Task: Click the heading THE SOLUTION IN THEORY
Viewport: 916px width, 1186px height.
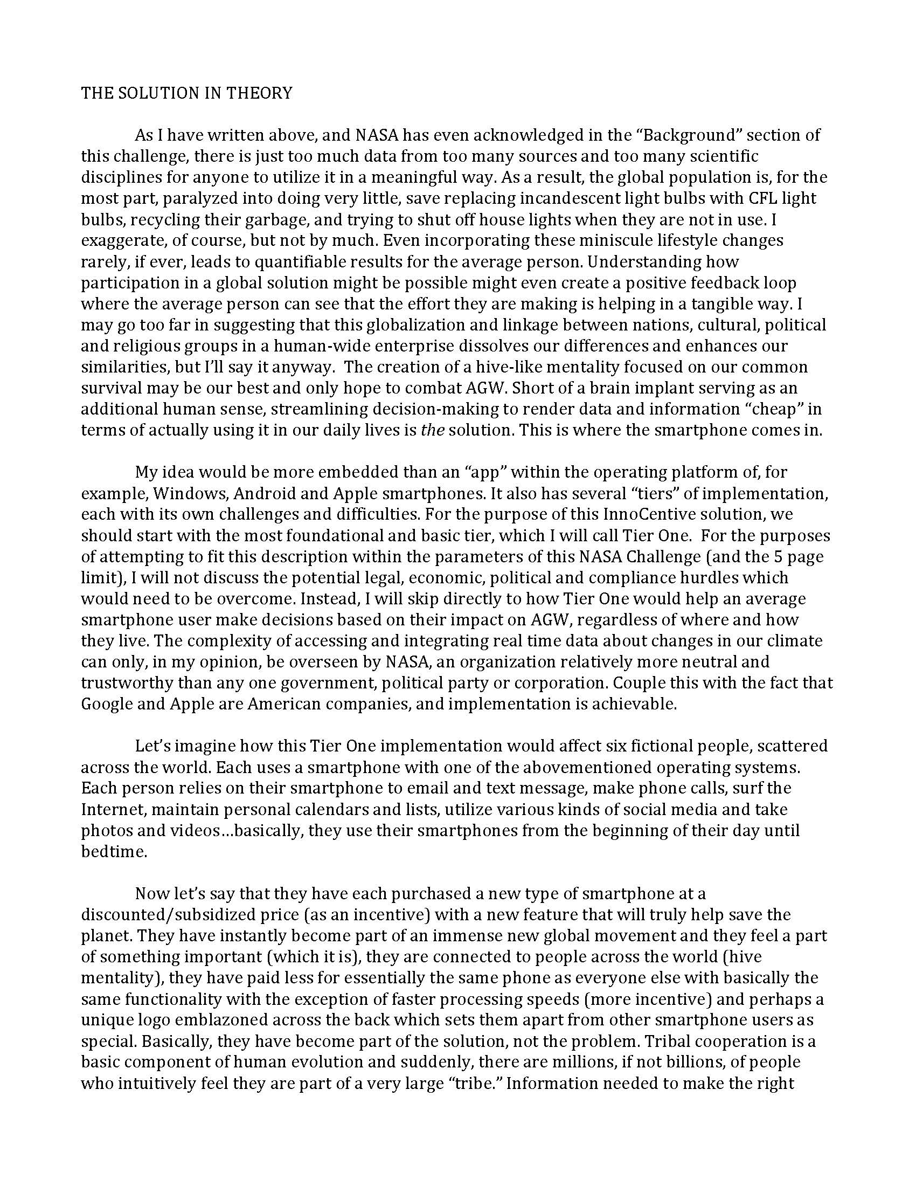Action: click(x=186, y=93)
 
